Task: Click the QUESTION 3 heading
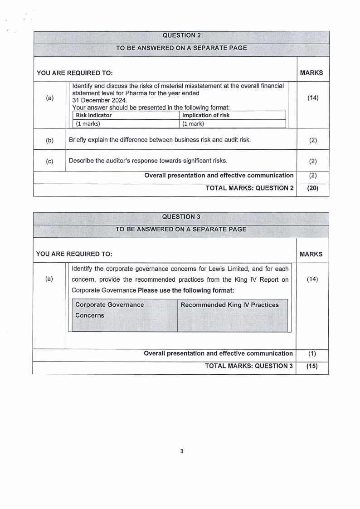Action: click(181, 216)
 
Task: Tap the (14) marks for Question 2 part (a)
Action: click(313, 98)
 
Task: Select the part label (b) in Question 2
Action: click(49, 140)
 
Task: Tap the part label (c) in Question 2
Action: click(49, 161)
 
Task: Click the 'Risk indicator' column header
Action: click(94, 115)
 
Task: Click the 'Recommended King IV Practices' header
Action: click(230, 305)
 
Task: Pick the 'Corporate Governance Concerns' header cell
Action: click(109, 310)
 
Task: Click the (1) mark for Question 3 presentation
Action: click(311, 353)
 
